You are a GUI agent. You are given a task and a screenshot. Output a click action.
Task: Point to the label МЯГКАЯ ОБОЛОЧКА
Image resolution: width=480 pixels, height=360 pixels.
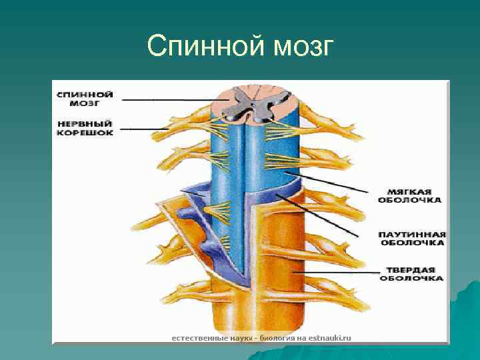(409, 194)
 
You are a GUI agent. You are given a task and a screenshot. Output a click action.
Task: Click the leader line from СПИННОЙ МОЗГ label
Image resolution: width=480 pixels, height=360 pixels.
(167, 100)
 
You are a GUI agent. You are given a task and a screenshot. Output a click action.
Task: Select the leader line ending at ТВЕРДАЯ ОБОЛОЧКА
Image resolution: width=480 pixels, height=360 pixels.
(333, 272)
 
